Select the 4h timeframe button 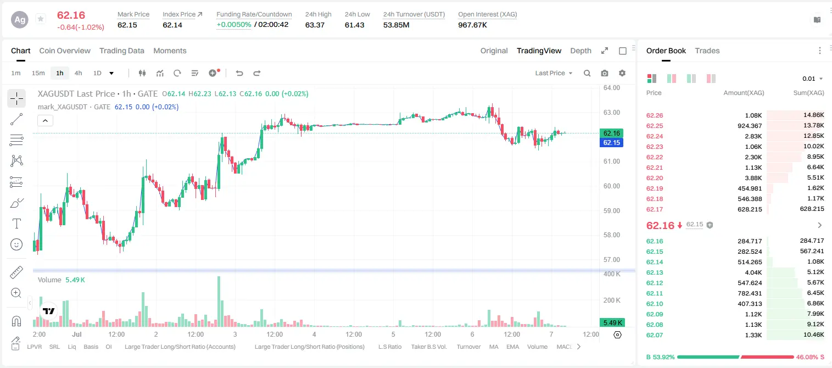pyautogui.click(x=78, y=73)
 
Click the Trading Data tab pyautogui.click(x=122, y=51)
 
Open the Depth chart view pyautogui.click(x=580, y=51)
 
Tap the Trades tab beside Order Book pyautogui.click(x=707, y=51)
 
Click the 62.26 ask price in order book pyautogui.click(x=655, y=115)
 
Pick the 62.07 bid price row pyautogui.click(x=655, y=335)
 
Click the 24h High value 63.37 pyautogui.click(x=315, y=25)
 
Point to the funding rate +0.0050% pyautogui.click(x=234, y=25)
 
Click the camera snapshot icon pyautogui.click(x=605, y=73)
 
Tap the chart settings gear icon pyautogui.click(x=622, y=73)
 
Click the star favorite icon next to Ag pyautogui.click(x=41, y=19)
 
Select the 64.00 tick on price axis pyautogui.click(x=612, y=88)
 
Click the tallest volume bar pyautogui.click(x=219, y=301)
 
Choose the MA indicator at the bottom pyautogui.click(x=494, y=347)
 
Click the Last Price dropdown pyautogui.click(x=554, y=73)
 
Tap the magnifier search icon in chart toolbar pyautogui.click(x=587, y=73)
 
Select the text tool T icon pyautogui.click(x=16, y=224)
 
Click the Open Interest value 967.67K pyautogui.click(x=472, y=25)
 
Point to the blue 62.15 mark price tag pyautogui.click(x=611, y=143)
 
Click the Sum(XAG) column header pyautogui.click(x=808, y=93)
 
